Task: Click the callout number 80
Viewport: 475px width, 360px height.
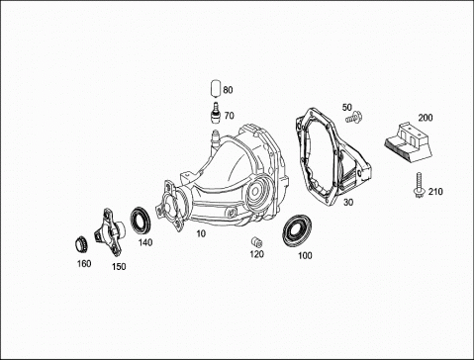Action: click(228, 90)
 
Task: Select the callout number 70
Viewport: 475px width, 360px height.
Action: click(229, 116)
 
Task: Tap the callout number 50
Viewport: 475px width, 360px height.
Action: click(347, 107)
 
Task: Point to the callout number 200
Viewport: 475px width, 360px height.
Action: click(426, 118)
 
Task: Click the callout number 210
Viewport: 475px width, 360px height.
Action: click(435, 192)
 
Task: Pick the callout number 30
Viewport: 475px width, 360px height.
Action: click(348, 203)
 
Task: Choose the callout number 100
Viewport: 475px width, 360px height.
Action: click(305, 255)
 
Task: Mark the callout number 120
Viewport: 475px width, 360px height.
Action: click(256, 254)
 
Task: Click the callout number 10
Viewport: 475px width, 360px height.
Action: click(201, 233)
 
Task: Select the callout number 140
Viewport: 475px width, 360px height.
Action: click(145, 242)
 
